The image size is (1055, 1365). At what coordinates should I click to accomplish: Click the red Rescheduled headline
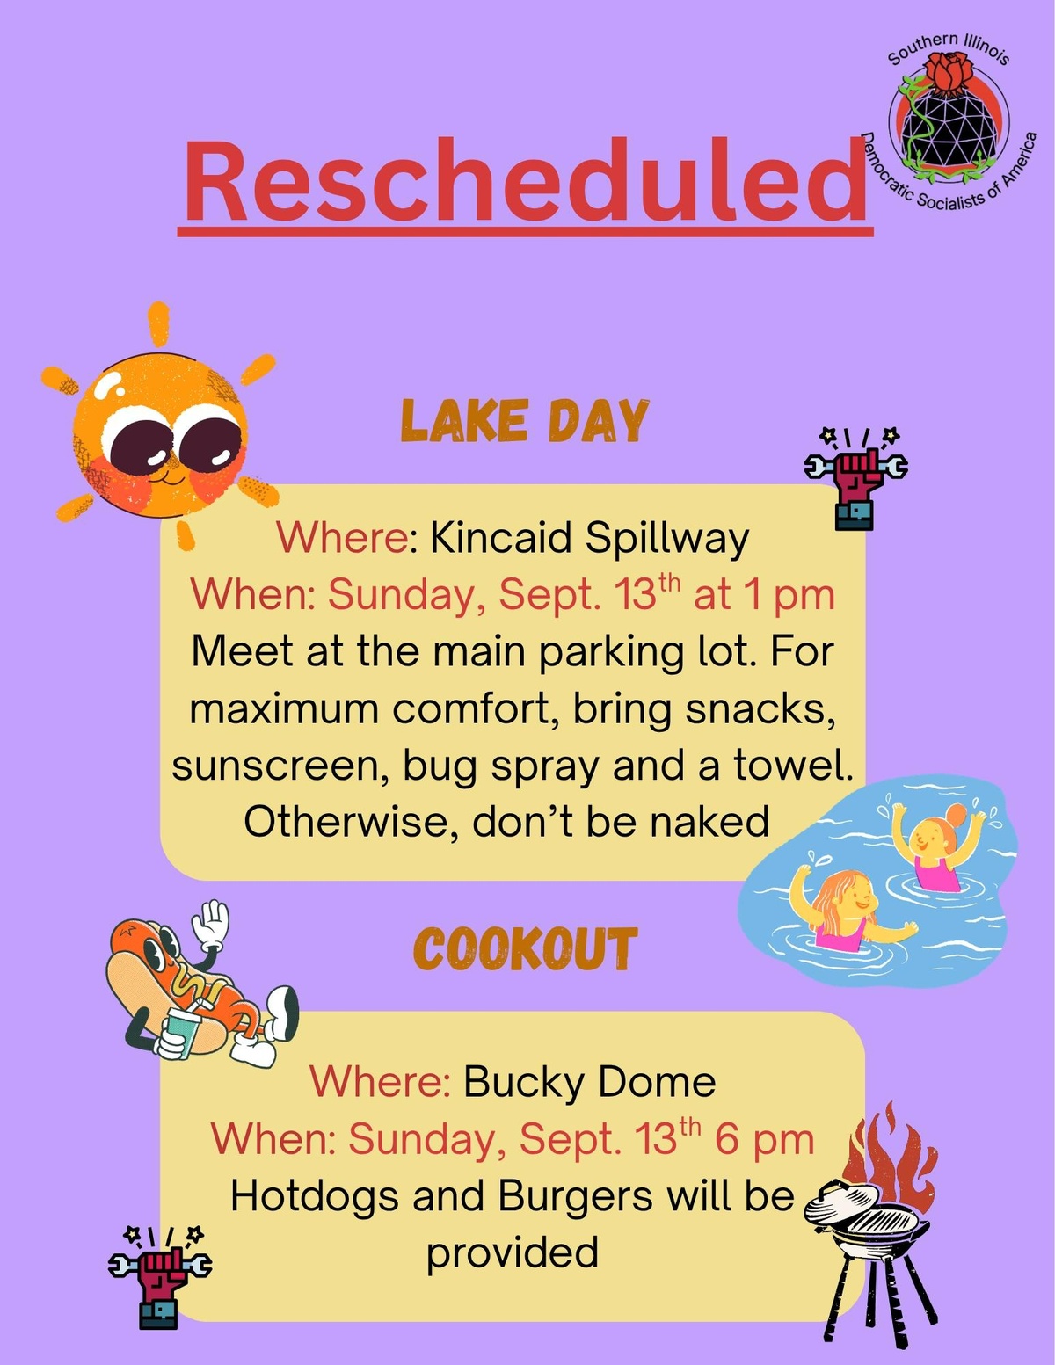[x=525, y=182]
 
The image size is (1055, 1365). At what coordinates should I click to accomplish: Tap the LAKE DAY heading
[x=524, y=419]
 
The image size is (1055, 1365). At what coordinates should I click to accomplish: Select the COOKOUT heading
[x=525, y=949]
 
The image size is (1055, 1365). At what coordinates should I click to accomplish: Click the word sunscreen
[x=280, y=767]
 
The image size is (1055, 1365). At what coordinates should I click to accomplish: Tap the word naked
[x=709, y=821]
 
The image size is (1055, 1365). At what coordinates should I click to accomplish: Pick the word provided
[x=512, y=1254]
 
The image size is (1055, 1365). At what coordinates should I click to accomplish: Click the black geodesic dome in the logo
[x=949, y=131]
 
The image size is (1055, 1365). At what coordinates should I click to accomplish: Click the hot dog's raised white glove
[x=211, y=921]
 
